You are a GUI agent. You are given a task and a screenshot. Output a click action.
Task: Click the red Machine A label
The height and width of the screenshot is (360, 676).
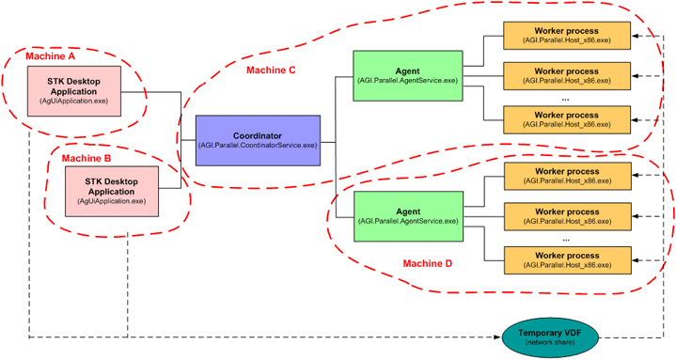(51, 56)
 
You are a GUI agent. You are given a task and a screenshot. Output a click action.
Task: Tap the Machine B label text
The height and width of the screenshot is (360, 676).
(86, 158)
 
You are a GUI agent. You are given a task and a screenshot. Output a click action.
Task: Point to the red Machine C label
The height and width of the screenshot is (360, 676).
(271, 70)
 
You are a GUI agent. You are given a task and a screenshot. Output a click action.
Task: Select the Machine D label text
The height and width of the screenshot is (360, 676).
(428, 264)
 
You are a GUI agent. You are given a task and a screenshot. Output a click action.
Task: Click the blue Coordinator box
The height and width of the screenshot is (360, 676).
(257, 140)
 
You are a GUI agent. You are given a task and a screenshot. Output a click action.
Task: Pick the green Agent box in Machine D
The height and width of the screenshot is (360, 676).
(407, 215)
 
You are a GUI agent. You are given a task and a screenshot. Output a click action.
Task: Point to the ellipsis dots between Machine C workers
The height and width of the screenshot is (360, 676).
(565, 97)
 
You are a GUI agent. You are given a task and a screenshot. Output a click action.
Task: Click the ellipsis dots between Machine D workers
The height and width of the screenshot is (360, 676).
(565, 238)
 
